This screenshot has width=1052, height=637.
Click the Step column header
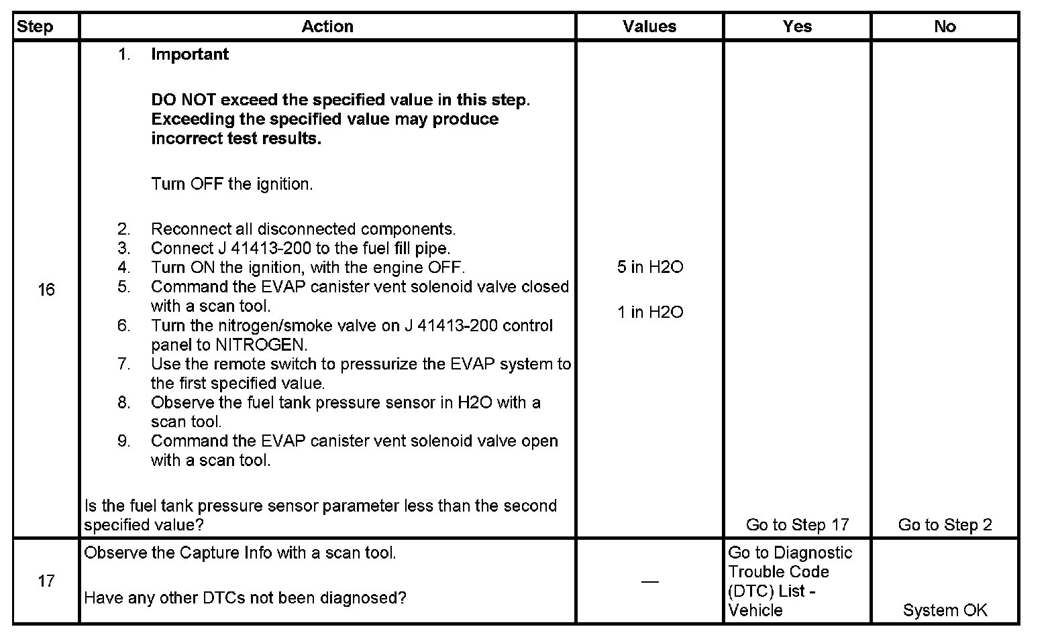tap(35, 27)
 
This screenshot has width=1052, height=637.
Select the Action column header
tap(327, 27)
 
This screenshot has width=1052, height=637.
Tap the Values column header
tap(649, 27)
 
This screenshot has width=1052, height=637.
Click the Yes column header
tap(797, 27)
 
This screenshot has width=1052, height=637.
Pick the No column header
tap(945, 27)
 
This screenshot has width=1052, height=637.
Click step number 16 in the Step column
tap(46, 290)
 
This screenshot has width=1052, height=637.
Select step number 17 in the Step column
tap(46, 581)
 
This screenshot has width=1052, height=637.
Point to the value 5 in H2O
tap(650, 268)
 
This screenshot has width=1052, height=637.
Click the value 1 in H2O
tap(650, 312)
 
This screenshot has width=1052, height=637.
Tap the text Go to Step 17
tap(797, 525)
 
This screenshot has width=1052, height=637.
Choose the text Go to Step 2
tap(945, 525)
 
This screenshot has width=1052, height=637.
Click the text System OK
tap(945, 610)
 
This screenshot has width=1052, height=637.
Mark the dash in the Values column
tap(649, 581)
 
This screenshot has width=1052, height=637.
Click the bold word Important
tap(190, 54)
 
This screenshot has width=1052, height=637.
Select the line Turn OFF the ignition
tap(232, 184)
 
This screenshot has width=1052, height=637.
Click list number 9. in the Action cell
tap(124, 441)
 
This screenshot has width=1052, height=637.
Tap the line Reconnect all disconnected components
tap(303, 229)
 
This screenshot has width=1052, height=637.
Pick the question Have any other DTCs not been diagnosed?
tap(245, 597)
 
